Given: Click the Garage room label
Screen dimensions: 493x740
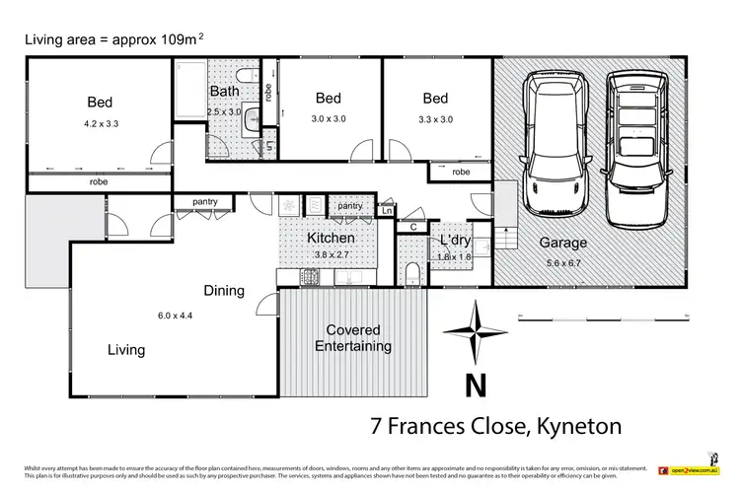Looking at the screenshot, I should tap(562, 242).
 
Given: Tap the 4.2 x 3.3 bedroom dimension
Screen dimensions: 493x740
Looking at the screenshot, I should tap(100, 124).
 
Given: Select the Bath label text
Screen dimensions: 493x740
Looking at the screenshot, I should tap(223, 92).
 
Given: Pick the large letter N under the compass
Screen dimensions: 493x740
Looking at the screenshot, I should tap(475, 383).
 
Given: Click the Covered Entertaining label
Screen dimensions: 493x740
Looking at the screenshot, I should tap(353, 338).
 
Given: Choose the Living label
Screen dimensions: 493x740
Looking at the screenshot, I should tap(126, 349).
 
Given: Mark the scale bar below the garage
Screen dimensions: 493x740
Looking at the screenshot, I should tap(602, 316).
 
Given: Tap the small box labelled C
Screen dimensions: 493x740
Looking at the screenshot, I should tap(413, 227).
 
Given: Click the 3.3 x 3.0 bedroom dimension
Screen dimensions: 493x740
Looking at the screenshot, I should tap(435, 119).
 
